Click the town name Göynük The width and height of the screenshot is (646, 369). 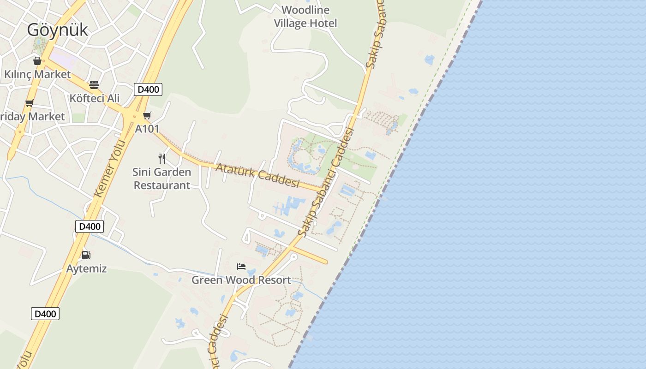[57, 30]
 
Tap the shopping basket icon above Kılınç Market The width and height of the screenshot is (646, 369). [37, 61]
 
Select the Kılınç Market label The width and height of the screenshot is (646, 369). [37, 74]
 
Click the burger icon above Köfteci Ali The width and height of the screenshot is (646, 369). [94, 85]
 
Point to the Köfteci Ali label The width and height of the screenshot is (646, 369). [94, 98]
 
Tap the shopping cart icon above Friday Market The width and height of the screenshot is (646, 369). [30, 103]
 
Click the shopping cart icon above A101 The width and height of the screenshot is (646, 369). [147, 116]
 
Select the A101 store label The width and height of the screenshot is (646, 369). [147, 129]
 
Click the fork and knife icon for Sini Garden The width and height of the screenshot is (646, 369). [161, 159]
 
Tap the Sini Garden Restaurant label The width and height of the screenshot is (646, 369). [161, 179]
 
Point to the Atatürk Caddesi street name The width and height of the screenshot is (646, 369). [257, 176]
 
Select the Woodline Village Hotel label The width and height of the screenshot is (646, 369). [305, 17]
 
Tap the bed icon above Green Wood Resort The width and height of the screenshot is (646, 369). [241, 267]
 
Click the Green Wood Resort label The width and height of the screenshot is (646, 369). [241, 280]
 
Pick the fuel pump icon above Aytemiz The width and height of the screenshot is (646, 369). [86, 255]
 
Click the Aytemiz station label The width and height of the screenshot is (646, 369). [86, 269]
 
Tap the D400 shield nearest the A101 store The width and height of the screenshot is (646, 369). [148, 89]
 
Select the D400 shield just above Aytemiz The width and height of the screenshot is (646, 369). [90, 226]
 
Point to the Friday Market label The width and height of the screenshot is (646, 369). [32, 117]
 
